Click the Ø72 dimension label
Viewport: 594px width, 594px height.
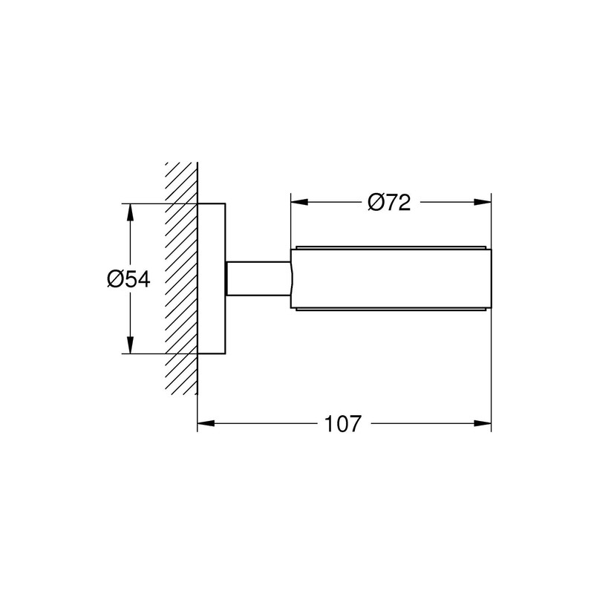389,203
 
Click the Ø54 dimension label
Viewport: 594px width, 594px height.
128,279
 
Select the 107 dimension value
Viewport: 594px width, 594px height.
343,423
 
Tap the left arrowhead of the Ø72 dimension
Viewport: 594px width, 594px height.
299,202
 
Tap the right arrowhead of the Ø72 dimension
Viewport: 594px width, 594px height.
483,202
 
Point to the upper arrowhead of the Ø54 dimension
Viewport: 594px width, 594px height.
131,212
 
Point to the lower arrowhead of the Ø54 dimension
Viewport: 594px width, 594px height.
131,345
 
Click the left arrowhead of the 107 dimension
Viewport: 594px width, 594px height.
206,423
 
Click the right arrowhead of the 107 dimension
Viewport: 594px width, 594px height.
483,423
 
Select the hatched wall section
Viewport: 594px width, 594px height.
181,278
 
